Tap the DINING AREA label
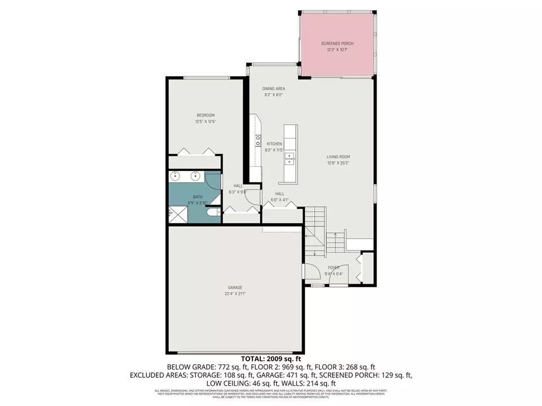pos(273,89)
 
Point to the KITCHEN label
pos(274,144)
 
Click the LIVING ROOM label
pos(338,157)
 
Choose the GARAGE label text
pos(235,288)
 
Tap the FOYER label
pos(334,267)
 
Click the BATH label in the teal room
pos(197,196)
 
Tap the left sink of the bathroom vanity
pos(175,176)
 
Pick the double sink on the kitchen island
pos(290,158)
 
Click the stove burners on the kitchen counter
pos(258,140)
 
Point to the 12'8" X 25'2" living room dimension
pos(338,164)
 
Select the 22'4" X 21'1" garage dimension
pos(235,294)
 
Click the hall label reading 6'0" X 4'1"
pos(279,200)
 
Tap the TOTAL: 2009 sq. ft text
pos(271,359)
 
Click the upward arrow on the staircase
pos(335,236)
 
